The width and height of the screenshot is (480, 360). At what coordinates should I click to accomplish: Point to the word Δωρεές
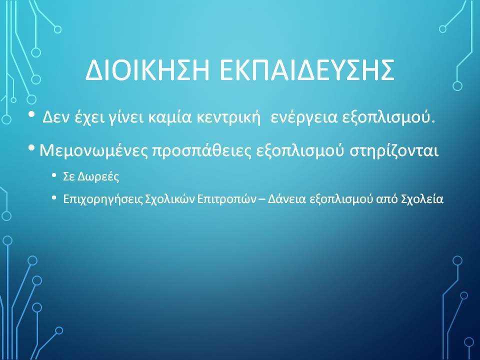tap(98, 176)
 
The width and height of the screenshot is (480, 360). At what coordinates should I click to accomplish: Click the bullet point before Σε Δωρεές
tap(54, 175)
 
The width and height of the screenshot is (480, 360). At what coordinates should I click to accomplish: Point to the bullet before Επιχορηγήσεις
tap(54, 198)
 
